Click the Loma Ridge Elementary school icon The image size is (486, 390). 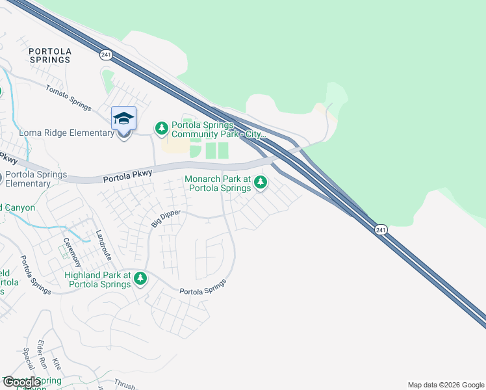[x=123, y=120]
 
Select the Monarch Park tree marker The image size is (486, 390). [x=261, y=183]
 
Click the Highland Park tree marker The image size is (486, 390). [x=140, y=279]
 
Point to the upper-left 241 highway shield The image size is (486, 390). [x=104, y=54]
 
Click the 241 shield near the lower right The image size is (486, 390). [x=381, y=229]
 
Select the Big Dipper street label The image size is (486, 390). [x=165, y=216]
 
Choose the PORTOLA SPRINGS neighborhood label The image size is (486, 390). [x=50, y=55]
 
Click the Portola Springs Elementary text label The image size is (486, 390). [x=36, y=179]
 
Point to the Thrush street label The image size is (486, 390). [x=124, y=384]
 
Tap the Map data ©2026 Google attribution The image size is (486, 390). [x=446, y=385]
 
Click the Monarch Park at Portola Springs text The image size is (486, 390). [x=218, y=183]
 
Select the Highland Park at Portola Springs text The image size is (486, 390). [x=97, y=280]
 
